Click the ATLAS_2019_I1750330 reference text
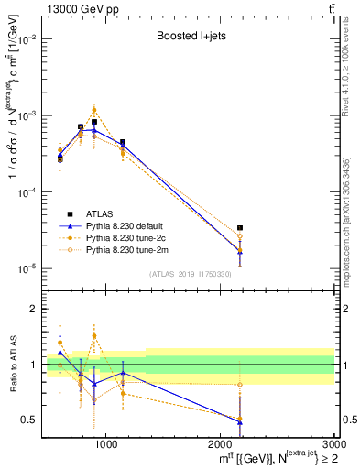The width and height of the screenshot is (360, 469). pos(190,273)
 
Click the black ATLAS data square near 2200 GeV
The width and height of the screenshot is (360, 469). pos(240,227)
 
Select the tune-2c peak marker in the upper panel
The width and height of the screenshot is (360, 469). pos(94,110)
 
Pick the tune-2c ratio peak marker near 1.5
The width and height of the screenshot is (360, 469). pos(94,336)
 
